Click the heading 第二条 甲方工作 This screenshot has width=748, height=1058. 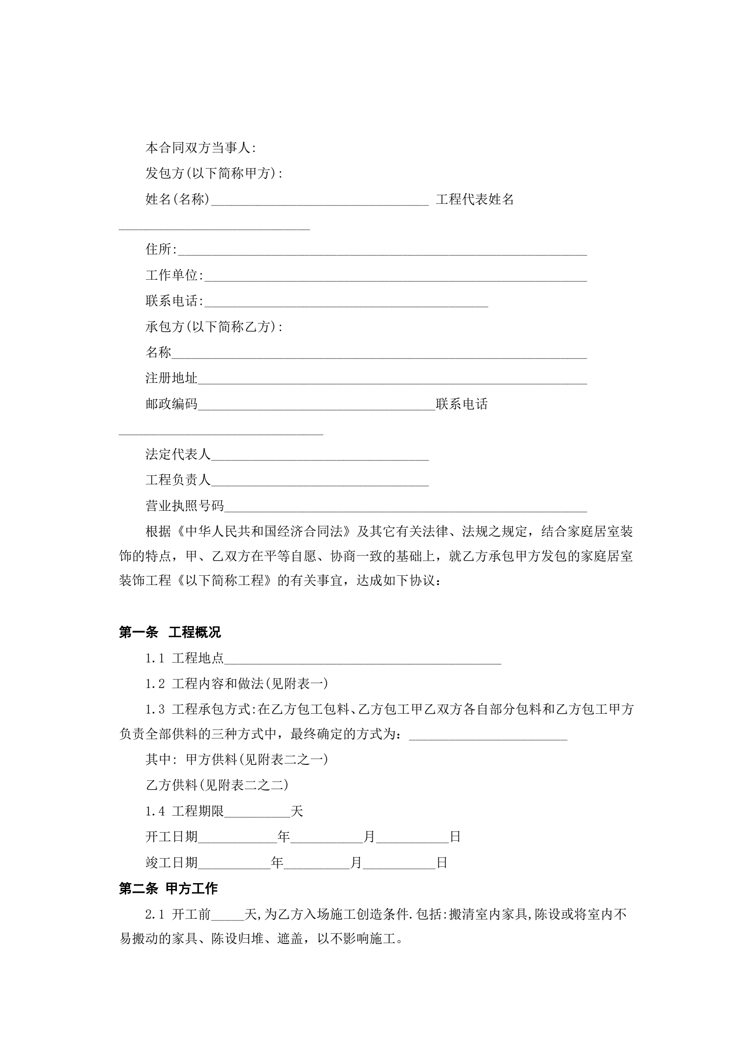(168, 889)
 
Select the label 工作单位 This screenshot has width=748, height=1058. (172, 275)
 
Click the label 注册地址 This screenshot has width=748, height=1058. (171, 378)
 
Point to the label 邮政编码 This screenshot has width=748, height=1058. (171, 404)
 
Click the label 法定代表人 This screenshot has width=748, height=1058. (178, 454)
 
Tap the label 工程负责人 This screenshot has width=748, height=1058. (178, 480)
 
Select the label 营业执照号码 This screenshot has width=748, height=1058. (185, 506)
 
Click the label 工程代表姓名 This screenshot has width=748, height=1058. (474, 199)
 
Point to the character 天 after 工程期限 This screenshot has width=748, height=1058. (297, 811)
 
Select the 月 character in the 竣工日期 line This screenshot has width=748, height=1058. (356, 863)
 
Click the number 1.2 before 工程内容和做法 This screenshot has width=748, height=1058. (155, 684)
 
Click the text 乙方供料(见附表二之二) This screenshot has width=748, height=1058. (217, 785)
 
